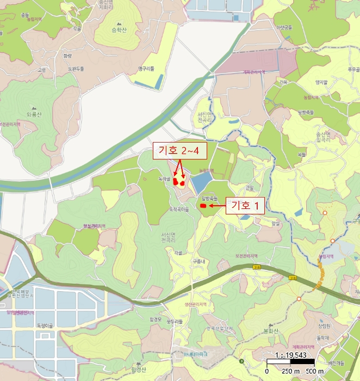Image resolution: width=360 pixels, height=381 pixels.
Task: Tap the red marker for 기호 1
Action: point(203,206)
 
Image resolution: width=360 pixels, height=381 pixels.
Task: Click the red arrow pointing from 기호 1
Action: point(218,206)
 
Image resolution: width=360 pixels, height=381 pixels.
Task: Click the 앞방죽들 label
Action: point(209,199)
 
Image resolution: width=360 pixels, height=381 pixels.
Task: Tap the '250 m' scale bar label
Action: point(290,371)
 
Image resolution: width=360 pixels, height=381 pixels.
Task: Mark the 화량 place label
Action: point(67,56)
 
